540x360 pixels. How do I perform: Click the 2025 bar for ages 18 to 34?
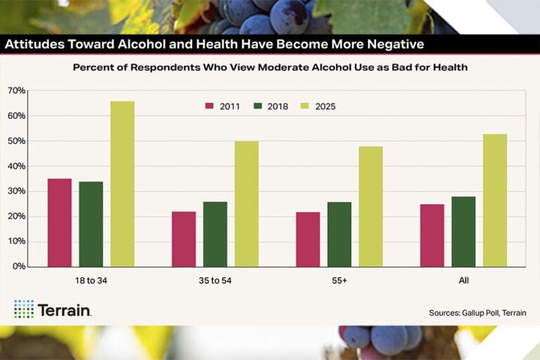click(x=122, y=184)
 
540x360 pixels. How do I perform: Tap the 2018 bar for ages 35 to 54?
click(x=215, y=234)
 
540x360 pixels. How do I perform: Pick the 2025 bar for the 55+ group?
click(x=371, y=206)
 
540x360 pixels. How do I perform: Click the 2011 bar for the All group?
click(x=432, y=235)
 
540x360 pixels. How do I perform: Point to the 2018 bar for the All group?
click(x=463, y=231)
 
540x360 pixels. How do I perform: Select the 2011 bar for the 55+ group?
click(x=308, y=239)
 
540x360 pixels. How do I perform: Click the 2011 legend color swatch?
click(x=210, y=107)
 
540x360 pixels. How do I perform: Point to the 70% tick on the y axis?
click(x=16, y=91)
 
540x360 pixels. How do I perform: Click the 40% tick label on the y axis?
click(x=16, y=166)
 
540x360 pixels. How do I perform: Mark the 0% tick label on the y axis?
click(x=18, y=266)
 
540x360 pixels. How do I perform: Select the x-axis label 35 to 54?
click(x=214, y=281)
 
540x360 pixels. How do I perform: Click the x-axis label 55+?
click(x=339, y=281)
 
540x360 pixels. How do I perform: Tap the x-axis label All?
click(x=463, y=281)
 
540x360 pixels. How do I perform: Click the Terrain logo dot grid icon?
click(x=23, y=309)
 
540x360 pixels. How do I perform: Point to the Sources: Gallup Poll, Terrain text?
click(x=477, y=313)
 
